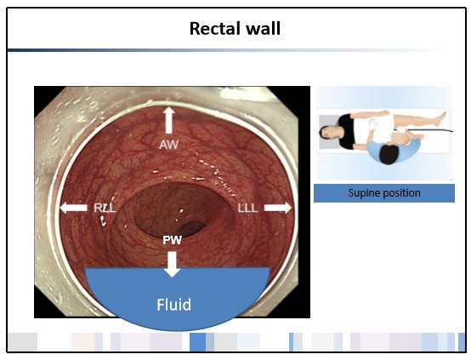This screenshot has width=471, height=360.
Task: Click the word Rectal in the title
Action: click(x=215, y=29)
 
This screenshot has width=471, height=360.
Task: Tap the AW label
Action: click(x=169, y=145)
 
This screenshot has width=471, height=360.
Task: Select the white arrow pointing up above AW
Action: click(x=169, y=120)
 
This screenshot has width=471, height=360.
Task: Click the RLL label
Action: click(x=105, y=208)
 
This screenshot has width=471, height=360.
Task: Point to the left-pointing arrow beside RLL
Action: click(x=74, y=208)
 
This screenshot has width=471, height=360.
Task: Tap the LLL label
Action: click(x=247, y=208)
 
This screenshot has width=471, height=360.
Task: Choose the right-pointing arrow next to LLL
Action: click(x=278, y=208)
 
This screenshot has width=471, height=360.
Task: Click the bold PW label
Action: click(x=172, y=240)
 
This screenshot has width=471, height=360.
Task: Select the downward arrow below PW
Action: click(x=172, y=264)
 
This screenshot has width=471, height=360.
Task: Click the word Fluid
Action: click(x=174, y=305)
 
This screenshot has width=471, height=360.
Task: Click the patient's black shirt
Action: click(x=347, y=131)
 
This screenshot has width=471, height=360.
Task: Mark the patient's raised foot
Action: click(x=443, y=116)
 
